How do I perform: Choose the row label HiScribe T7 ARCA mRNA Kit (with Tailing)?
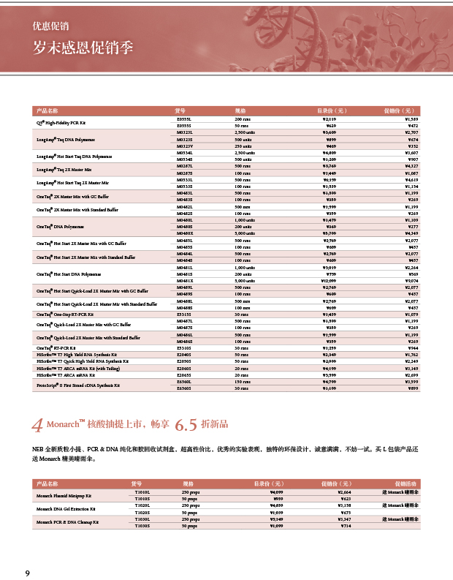point(82,368)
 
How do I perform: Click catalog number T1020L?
point(142,505)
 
